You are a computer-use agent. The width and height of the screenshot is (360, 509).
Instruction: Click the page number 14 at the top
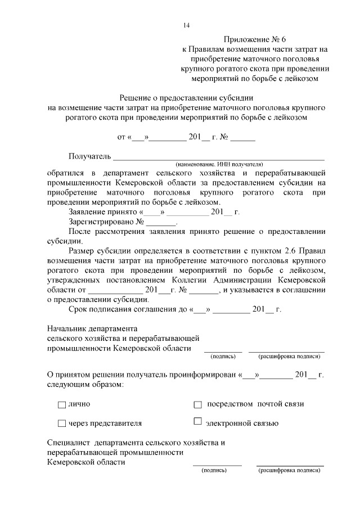coord(187,24)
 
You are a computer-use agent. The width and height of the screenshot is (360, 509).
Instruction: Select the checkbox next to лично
coord(62,404)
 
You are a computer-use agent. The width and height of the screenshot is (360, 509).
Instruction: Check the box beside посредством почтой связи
coord(197,404)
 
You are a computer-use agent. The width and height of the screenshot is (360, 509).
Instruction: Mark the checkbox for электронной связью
coord(197,422)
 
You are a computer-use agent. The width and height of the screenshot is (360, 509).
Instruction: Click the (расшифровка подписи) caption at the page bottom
coord(290,470)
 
